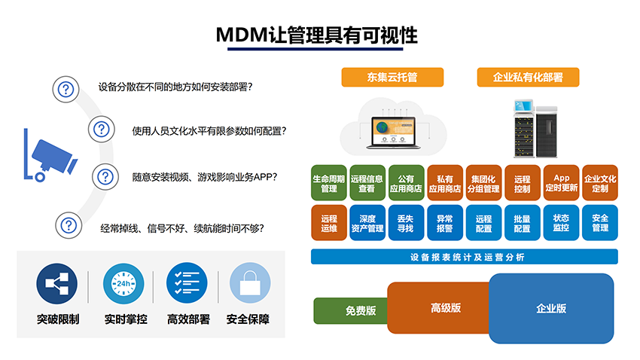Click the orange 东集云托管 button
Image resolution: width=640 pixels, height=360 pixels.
click(x=392, y=77)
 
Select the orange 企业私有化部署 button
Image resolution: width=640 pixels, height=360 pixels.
click(x=528, y=77)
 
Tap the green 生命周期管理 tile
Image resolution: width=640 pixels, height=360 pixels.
click(x=328, y=183)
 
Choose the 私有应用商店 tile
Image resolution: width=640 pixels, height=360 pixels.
click(x=445, y=183)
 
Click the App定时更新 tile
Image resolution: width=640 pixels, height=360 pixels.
click(x=561, y=183)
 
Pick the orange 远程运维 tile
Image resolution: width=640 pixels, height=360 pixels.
click(x=328, y=223)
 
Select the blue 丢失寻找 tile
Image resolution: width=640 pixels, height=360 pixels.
click(x=406, y=223)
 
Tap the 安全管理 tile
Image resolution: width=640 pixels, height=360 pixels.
click(x=600, y=223)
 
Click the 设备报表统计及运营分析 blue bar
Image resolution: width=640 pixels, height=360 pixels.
click(x=465, y=257)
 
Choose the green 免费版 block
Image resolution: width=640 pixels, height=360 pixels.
click(x=351, y=311)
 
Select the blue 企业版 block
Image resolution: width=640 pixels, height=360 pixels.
click(x=551, y=309)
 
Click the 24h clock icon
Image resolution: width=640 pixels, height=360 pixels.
click(x=123, y=284)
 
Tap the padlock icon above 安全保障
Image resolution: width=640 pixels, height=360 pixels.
click(x=250, y=283)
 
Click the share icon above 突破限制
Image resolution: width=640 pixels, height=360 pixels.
click(x=56, y=284)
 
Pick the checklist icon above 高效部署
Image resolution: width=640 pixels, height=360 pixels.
click(x=187, y=283)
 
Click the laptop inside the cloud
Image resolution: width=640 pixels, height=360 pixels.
click(x=394, y=133)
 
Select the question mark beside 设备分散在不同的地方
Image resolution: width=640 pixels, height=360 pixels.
click(x=66, y=90)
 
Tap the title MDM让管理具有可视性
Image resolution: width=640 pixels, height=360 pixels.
click(x=317, y=35)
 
